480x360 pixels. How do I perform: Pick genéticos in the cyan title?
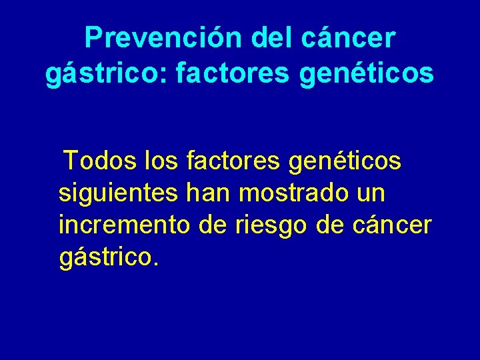pyautogui.click(x=367, y=74)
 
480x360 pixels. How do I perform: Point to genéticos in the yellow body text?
pyautogui.click(x=347, y=161)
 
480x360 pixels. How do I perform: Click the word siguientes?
pyautogui.click(x=118, y=193)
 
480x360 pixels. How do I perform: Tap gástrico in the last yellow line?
pyautogui.click(x=105, y=258)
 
